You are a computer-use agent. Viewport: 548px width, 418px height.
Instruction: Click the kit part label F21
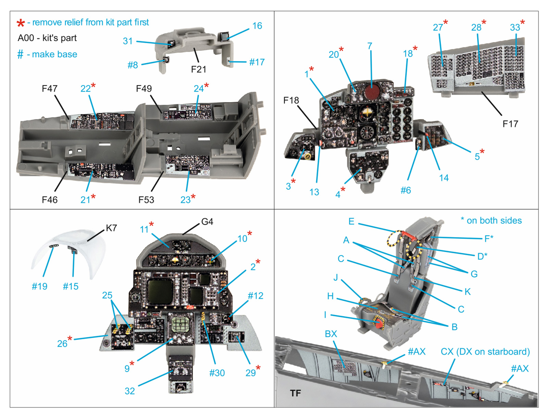coord(198,69)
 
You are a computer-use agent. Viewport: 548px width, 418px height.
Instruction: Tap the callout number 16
coord(257,26)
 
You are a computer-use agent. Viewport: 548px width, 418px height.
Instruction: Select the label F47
coord(49,88)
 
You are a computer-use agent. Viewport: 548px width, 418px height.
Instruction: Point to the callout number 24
coord(199,88)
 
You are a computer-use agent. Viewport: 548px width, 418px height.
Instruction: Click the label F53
coord(146,200)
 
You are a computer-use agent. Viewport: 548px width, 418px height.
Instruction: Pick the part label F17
coord(510,124)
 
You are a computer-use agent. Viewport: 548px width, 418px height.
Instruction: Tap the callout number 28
coord(476,27)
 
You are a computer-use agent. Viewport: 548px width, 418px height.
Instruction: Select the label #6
coord(406,190)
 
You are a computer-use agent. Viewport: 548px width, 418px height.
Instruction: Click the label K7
coord(111,228)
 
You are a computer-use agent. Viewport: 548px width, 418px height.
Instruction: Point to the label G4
coord(207,222)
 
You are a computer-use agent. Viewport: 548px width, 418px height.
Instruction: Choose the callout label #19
coord(39,286)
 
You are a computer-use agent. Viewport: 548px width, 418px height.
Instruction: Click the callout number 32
coord(129,391)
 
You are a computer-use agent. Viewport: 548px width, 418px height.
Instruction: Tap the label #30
coord(217,373)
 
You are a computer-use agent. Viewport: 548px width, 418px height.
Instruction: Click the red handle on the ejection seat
coord(378,323)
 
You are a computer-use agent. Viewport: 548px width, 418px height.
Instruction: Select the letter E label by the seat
coord(351,221)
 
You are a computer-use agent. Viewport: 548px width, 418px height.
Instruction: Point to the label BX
coord(331,334)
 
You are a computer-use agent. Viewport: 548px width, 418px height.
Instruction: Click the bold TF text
coord(295,393)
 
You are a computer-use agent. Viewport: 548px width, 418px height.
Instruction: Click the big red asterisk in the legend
coord(21,23)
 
